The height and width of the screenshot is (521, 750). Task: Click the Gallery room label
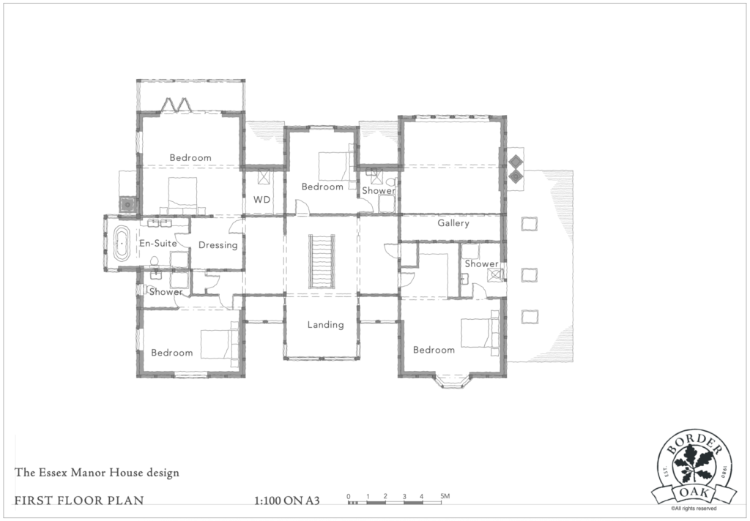pos(453,223)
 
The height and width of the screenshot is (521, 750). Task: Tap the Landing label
pos(325,325)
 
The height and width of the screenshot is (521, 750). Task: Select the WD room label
pos(261,200)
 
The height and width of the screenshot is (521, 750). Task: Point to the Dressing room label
pos(218,245)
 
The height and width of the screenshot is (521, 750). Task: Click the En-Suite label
pos(158,243)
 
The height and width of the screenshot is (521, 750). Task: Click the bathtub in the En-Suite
pos(122,243)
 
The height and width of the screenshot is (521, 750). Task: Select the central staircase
pos(322,261)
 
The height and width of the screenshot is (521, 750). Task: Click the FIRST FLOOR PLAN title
pos(79,501)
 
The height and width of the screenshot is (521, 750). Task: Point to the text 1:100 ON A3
pos(286,501)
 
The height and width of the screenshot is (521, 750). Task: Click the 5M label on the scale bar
pos(445,496)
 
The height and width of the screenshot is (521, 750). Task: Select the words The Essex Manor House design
pos(97,473)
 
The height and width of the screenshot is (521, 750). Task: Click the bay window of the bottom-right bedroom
pos(453,381)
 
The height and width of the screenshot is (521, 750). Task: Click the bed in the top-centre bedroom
pos(336,166)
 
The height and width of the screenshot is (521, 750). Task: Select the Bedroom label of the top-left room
pos(190,158)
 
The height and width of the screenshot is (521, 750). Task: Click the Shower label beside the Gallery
pos(482,264)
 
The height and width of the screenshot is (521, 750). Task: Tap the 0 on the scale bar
pos(349,496)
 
